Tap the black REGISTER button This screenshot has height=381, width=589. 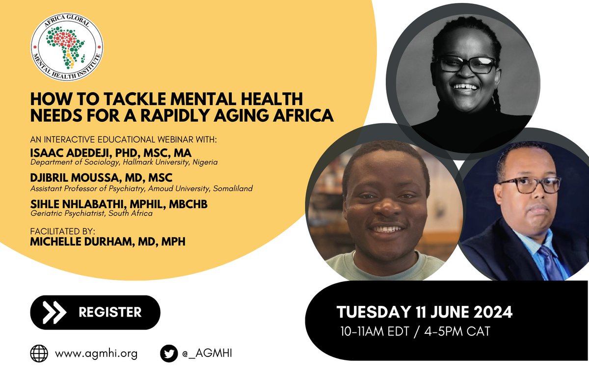click(95, 312)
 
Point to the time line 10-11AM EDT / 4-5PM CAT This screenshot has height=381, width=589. click(415, 331)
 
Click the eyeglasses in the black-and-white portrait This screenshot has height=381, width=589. click(467, 64)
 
